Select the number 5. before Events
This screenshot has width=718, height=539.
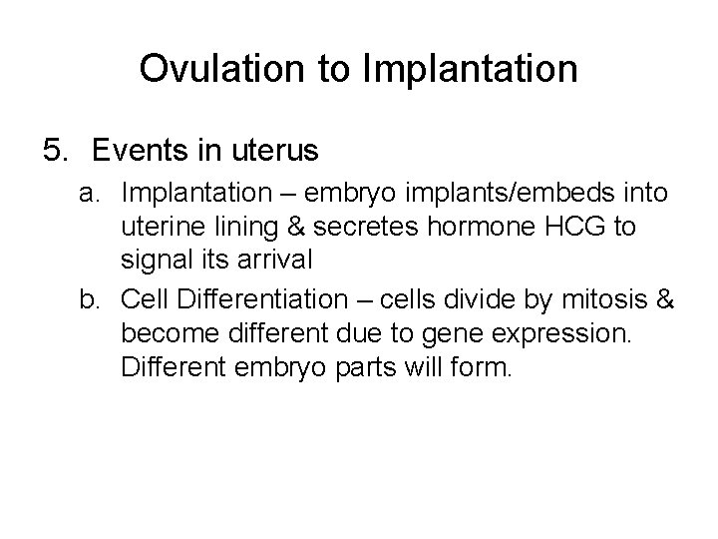(x=58, y=151)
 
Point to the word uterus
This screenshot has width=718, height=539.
(x=270, y=151)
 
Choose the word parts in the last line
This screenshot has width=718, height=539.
(x=369, y=366)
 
